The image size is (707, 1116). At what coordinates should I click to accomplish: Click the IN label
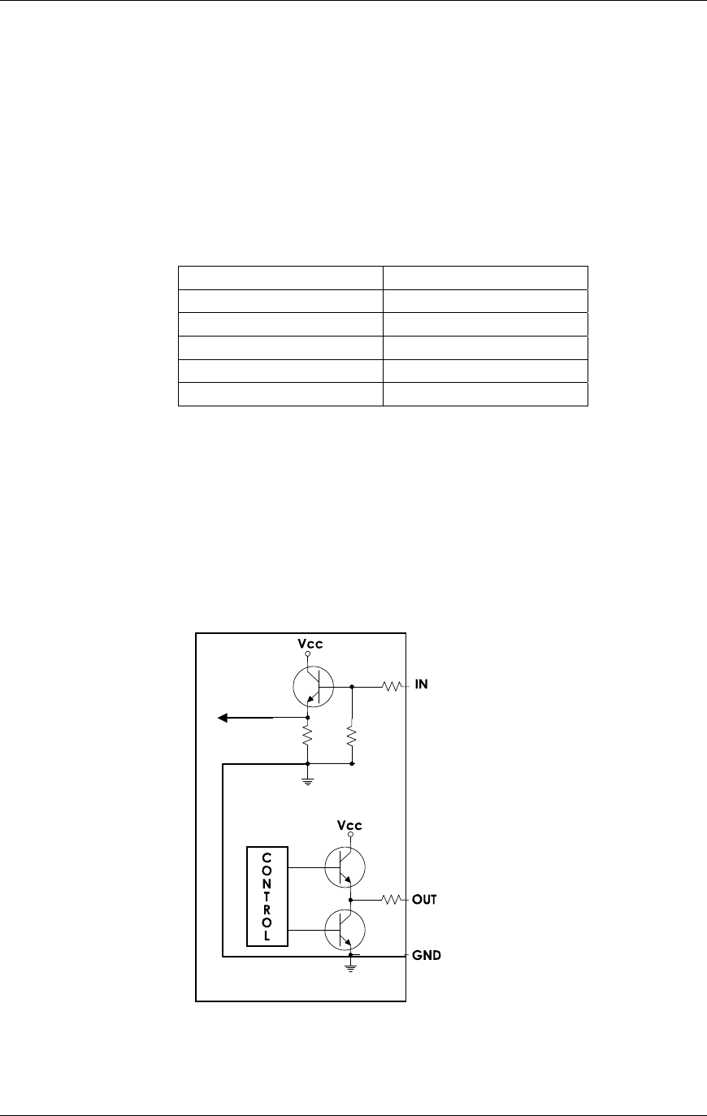coord(422,685)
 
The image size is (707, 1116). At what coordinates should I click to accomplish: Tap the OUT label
coord(424,900)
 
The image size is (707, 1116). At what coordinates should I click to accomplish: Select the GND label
coord(427,956)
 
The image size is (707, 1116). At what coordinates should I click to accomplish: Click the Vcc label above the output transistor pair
coord(349,825)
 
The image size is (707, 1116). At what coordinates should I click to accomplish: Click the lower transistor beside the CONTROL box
coord(345,930)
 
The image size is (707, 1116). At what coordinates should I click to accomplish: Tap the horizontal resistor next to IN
coord(393,686)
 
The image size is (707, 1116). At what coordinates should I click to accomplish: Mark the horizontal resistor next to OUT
coord(393,900)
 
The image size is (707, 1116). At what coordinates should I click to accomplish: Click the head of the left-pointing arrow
coord(223,718)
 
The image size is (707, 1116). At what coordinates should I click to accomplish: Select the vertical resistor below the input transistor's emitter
coord(307,738)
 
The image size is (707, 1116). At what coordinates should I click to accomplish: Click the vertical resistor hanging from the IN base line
coord(351,738)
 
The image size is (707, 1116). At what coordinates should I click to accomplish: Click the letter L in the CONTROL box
coord(267,936)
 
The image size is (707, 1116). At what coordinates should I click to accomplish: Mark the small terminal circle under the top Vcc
coord(307,654)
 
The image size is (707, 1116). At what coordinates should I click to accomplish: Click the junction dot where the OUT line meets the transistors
coord(351,900)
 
